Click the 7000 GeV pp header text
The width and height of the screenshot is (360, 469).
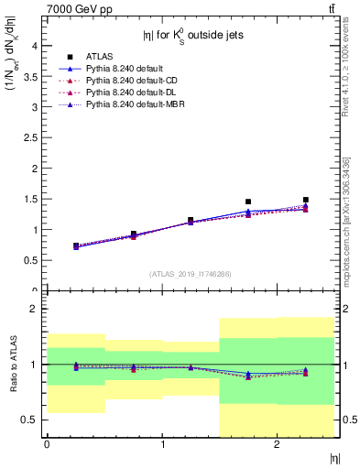[x=74, y=9]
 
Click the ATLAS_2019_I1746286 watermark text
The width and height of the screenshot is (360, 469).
[x=191, y=274]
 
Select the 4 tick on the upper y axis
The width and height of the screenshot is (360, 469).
[x=35, y=45]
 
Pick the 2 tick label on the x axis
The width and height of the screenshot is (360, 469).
[x=277, y=444]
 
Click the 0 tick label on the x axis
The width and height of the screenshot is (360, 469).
[x=47, y=444]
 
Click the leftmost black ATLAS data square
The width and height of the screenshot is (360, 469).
[x=76, y=245]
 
